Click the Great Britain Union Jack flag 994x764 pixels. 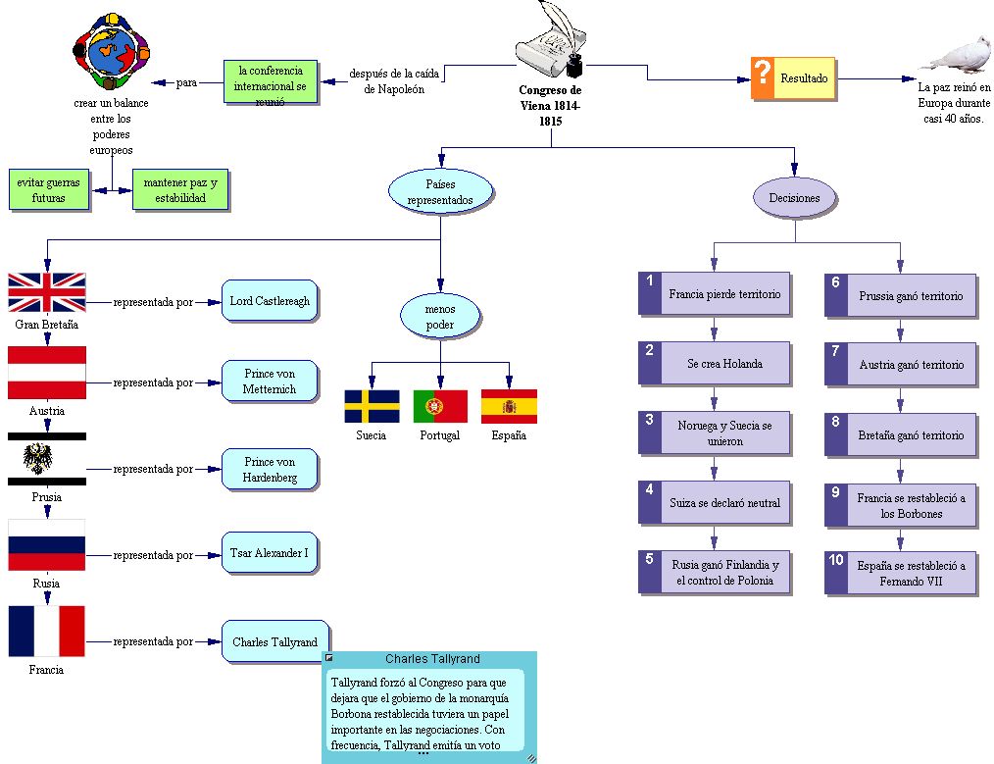click(47, 292)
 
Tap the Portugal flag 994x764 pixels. click(440, 406)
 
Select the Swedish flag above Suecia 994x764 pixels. click(372, 406)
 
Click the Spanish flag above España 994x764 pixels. click(509, 406)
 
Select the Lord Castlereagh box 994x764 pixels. click(270, 301)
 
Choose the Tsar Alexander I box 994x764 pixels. click(270, 553)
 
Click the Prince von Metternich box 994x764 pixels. click(270, 382)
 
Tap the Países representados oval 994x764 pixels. click(440, 191)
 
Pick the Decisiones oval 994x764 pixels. click(794, 197)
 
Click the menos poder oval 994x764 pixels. click(440, 316)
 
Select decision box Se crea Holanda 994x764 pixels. click(724, 364)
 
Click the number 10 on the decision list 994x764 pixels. click(836, 560)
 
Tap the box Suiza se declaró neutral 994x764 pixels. click(724, 502)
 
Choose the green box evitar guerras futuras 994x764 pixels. click(49, 189)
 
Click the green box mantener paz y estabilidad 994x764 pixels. click(180, 189)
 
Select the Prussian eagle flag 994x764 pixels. click(46, 458)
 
